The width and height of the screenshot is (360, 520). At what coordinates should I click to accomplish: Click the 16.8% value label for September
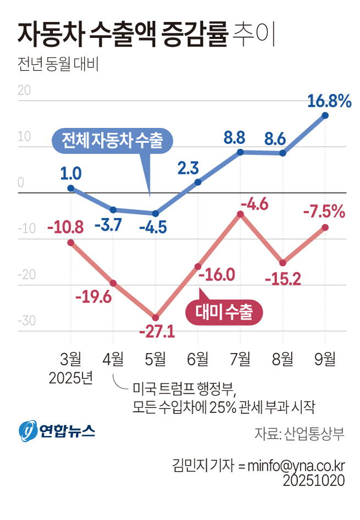point(329,101)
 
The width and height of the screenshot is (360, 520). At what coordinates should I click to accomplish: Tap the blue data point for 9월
point(325,115)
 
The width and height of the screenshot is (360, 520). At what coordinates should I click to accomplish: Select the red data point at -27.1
point(156,318)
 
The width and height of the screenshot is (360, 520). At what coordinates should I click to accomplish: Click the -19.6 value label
point(93,297)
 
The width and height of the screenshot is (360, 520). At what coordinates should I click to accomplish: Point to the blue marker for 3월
point(71,188)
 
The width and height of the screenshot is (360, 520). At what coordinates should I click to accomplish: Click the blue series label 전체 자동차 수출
point(112,140)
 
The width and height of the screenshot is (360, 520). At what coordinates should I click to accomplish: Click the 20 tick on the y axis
point(24,91)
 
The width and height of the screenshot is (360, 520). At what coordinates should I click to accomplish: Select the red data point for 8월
point(283,262)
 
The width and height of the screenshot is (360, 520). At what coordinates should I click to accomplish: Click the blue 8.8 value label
point(234,137)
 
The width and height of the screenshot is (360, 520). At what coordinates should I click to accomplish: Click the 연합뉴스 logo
point(57,430)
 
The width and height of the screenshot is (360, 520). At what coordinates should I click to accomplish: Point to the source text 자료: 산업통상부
point(299,434)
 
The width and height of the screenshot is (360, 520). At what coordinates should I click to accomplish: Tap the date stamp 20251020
point(314,480)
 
